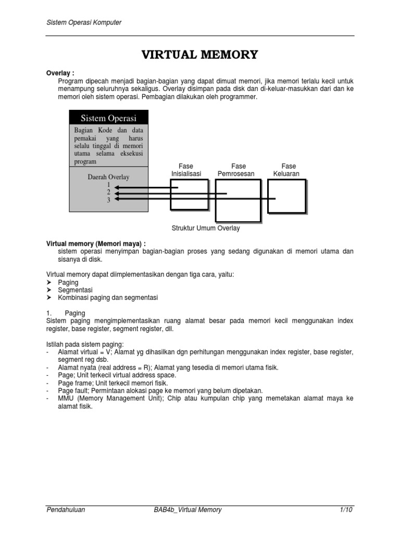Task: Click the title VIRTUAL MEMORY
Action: [x=200, y=55]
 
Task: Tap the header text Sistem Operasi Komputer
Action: [x=84, y=22]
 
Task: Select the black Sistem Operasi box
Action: [x=108, y=118]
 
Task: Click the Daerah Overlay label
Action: [x=108, y=177]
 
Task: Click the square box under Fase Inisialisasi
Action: [x=189, y=195]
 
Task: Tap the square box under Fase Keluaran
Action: [x=286, y=196]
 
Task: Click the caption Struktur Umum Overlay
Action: [x=206, y=228]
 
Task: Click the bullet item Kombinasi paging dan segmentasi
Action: [x=108, y=298]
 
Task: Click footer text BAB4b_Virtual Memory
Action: [x=184, y=510]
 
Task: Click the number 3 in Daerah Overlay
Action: [x=109, y=200]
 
